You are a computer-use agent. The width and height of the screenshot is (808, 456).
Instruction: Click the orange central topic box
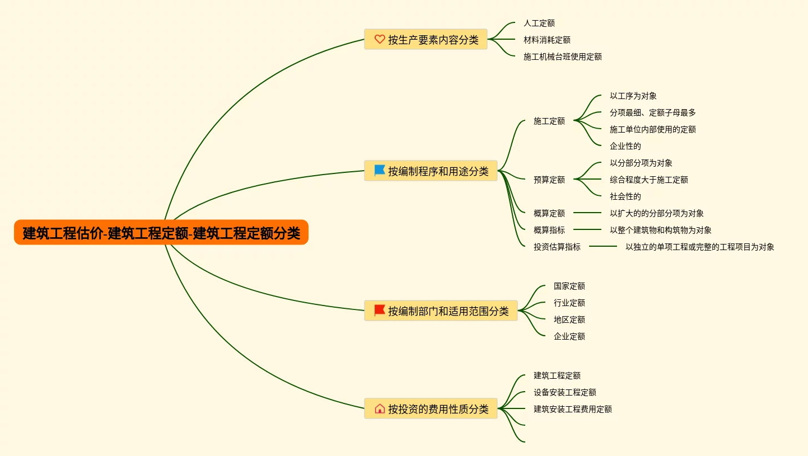point(161,232)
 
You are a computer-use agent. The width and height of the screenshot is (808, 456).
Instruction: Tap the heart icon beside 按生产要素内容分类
point(380,39)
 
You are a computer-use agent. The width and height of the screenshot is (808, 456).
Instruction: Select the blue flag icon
point(380,171)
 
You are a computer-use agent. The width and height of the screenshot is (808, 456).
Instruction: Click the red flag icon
point(380,310)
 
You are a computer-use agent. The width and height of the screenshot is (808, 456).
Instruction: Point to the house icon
point(380,408)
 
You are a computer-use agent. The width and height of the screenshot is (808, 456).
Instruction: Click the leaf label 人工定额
point(539,23)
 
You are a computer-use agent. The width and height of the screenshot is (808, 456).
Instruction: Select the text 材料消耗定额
point(547,40)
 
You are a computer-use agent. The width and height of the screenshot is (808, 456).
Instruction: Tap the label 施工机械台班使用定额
point(562,57)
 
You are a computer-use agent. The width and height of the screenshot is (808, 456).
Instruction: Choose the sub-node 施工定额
point(549,121)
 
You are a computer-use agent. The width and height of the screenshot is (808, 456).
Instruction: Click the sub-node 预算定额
point(549,180)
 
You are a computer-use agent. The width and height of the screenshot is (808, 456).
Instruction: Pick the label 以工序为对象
point(633,96)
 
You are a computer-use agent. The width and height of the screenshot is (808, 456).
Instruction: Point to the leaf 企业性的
point(625,146)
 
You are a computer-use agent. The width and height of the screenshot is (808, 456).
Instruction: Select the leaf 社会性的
point(625,196)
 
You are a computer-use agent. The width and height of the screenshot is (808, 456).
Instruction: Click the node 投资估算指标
point(557,247)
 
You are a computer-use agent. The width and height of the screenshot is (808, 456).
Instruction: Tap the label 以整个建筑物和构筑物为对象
point(660,230)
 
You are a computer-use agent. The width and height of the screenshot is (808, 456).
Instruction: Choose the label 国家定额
point(569,286)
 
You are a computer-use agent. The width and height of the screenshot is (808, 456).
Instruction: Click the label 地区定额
point(569,319)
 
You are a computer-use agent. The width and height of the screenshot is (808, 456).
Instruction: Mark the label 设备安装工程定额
point(564,392)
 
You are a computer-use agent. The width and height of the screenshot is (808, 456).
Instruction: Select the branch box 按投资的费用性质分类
point(431,408)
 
